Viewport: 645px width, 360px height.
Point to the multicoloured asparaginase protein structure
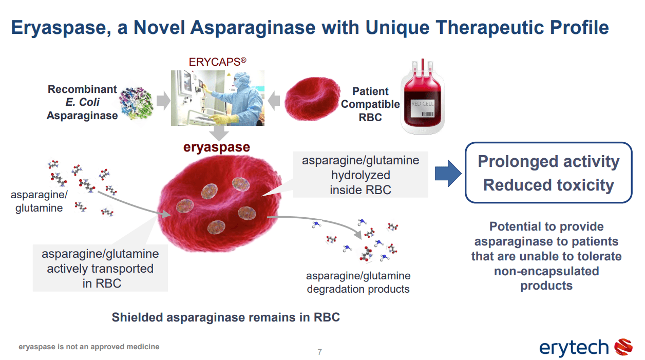(137, 103)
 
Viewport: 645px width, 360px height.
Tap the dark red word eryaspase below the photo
(217, 147)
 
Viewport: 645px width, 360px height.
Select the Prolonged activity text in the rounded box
(548, 161)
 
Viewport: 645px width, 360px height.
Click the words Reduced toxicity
(548, 185)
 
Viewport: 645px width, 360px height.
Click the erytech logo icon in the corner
(624, 347)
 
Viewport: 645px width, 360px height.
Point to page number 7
(320, 352)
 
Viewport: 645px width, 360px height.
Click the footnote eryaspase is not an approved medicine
(89, 347)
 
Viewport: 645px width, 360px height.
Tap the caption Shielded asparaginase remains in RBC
(226, 317)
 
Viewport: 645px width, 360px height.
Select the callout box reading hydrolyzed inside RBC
(361, 175)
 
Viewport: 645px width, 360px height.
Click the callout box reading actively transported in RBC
(101, 269)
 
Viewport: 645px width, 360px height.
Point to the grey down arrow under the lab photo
(219, 133)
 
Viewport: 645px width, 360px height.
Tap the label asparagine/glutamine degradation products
(358, 282)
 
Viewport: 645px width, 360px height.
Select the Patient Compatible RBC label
(370, 104)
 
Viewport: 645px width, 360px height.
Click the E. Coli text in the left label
(83, 102)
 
